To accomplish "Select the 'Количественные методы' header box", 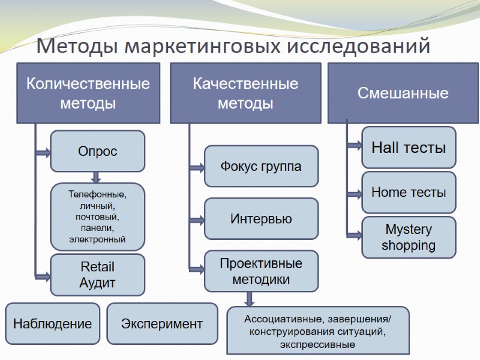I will tap(88, 93).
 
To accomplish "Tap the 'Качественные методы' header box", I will tap(245, 93).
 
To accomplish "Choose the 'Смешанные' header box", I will tap(403, 93).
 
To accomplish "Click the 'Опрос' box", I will tap(98, 152).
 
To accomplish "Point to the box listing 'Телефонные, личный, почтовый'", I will tap(98, 217).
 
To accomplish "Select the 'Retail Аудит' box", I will tap(98, 275).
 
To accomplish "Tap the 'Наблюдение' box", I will tap(53, 324).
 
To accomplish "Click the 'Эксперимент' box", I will tap(162, 324).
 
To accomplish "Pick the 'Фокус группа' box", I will tap(261, 166).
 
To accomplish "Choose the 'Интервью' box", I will tap(261, 219).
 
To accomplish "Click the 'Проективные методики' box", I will tap(261, 271).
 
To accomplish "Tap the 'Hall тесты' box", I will tap(409, 147).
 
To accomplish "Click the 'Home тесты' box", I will tap(409, 193).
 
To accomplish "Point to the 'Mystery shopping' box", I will tap(409, 238).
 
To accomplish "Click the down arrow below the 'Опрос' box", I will tap(95, 177).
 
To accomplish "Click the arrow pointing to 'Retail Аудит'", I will tap(43, 276).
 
